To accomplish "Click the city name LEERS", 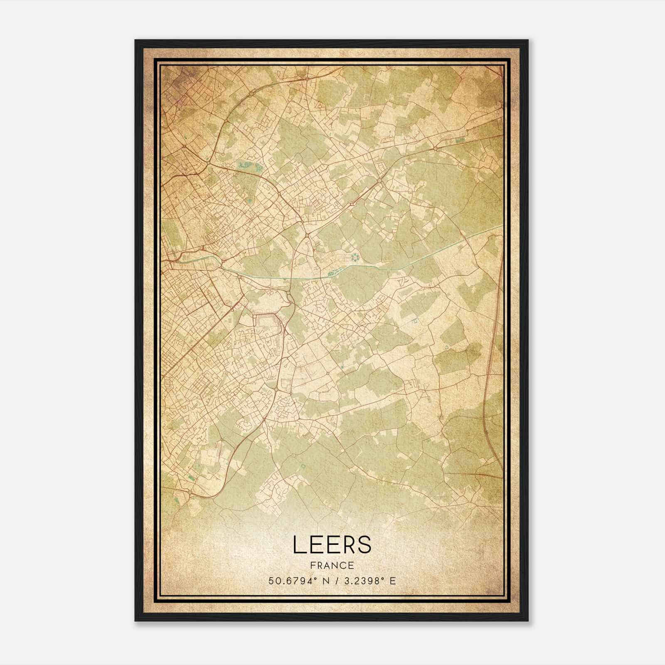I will [x=332, y=544].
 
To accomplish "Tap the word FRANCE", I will [x=332, y=565].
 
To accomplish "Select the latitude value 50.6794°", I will [x=293, y=581].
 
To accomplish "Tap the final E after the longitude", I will [x=393, y=581].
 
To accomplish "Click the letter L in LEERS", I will [x=298, y=544].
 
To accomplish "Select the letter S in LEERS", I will [x=365, y=544].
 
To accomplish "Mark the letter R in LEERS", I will [x=348, y=544].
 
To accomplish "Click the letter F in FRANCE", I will [x=311, y=565].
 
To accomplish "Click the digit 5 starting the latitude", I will [x=271, y=581].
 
